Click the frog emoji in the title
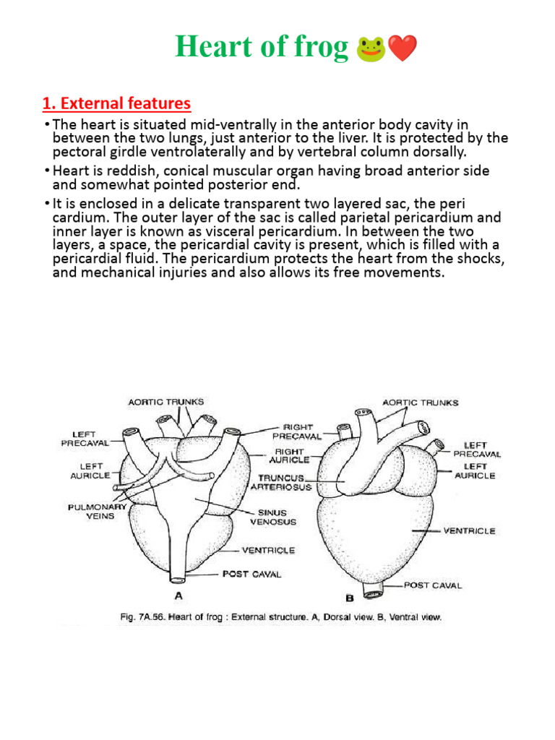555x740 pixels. [369, 49]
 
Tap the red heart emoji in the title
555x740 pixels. [402, 49]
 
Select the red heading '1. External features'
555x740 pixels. [116, 103]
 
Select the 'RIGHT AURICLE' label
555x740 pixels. [289, 455]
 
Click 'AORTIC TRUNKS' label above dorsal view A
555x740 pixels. [166, 402]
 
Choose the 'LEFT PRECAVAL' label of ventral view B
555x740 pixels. [477, 449]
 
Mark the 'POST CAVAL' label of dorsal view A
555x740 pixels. [252, 574]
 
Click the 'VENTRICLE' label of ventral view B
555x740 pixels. [469, 530]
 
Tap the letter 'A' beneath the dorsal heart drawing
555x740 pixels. [177, 597]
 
